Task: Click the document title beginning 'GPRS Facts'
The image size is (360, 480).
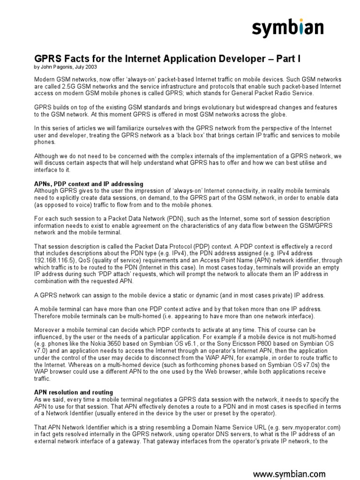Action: [x=167, y=59]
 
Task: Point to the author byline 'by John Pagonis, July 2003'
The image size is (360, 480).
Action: [x=67, y=67]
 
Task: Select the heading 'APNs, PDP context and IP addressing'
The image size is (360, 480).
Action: [x=89, y=184]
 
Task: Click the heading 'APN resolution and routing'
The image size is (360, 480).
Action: [x=74, y=392]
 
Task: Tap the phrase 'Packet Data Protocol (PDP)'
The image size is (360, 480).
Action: [x=150, y=247]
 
